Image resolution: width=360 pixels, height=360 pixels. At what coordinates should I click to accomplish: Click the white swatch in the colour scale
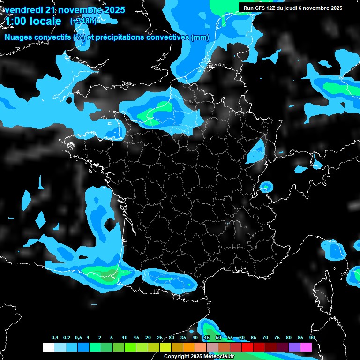tap(48, 347)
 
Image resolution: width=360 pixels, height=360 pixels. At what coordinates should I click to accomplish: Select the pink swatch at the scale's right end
tap(306, 347)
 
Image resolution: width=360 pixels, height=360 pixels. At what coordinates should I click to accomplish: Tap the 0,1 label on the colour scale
tap(55, 338)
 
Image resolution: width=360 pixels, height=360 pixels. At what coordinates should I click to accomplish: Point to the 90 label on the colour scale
tap(312, 338)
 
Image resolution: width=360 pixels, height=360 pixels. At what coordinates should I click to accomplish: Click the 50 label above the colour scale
tap(218, 338)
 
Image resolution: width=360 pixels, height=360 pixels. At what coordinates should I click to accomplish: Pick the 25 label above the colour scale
tap(160, 338)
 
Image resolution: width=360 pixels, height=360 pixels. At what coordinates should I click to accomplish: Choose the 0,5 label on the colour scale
tap(78, 338)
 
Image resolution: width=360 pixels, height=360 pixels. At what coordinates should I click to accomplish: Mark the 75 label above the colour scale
tap(277, 338)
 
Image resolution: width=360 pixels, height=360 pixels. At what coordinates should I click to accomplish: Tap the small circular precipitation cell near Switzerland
tap(266, 187)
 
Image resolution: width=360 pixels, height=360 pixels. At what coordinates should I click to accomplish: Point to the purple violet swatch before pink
tap(294, 347)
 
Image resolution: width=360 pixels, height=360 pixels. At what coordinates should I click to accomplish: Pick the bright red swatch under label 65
tap(247, 347)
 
